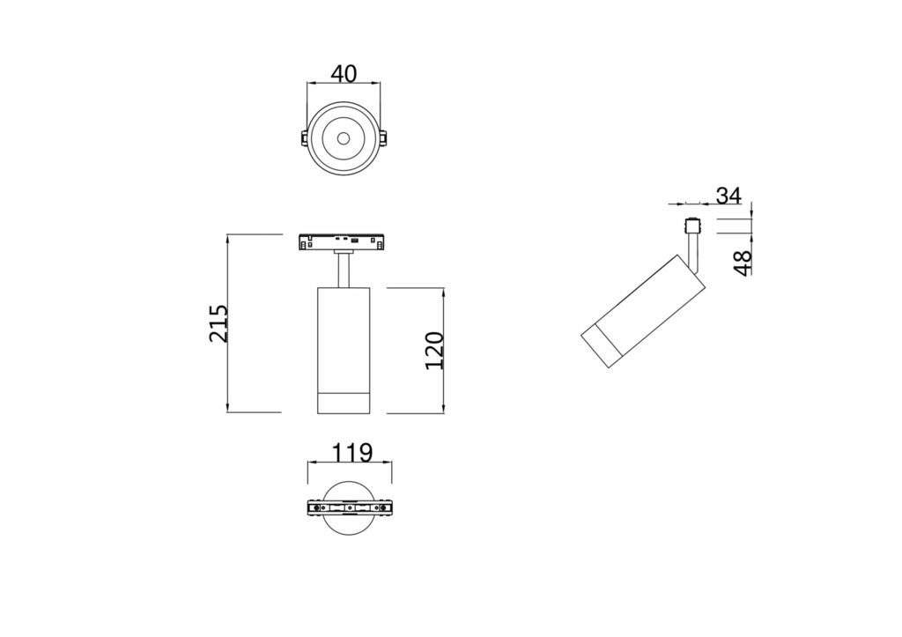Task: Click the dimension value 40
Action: [344, 73]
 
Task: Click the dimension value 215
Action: [218, 323]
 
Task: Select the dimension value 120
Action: [434, 350]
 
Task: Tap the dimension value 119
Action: [351, 453]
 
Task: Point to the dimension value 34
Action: [728, 195]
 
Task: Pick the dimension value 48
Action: [743, 262]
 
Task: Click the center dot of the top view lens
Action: [344, 138]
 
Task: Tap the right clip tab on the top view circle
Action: [384, 139]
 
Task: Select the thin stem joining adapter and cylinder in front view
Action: [344, 269]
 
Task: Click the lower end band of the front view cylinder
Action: [344, 400]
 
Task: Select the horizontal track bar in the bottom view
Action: [350, 509]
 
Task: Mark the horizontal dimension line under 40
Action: [344, 85]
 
